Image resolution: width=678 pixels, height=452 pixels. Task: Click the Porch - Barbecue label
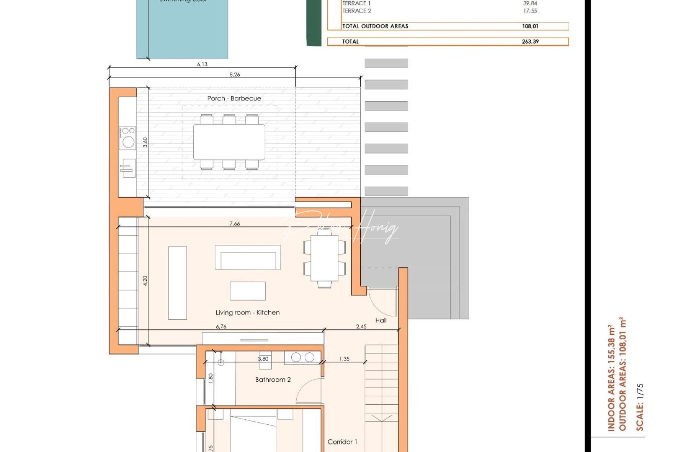point(234,98)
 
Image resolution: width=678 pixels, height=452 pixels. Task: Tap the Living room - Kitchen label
point(247,313)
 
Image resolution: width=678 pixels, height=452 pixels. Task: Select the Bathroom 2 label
point(273,380)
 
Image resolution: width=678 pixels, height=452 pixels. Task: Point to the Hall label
point(381,320)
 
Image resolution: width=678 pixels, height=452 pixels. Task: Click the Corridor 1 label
point(342,442)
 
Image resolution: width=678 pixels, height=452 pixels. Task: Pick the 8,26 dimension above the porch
point(235,74)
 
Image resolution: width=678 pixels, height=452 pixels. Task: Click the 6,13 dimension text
point(202,64)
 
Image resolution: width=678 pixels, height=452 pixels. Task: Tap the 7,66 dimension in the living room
point(235,223)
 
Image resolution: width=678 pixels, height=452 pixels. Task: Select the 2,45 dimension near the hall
point(361,326)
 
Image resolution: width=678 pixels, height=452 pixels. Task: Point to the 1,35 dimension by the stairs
point(344,359)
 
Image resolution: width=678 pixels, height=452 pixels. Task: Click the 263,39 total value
point(530,41)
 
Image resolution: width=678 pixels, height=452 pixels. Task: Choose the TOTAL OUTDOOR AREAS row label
point(375,26)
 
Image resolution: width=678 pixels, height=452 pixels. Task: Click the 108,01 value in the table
point(530,26)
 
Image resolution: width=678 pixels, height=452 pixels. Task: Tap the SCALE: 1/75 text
point(639,407)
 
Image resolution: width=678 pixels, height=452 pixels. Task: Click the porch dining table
point(229,142)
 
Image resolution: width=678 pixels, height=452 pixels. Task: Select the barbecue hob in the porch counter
point(127,138)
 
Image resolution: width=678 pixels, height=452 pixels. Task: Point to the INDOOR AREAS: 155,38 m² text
point(611,378)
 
